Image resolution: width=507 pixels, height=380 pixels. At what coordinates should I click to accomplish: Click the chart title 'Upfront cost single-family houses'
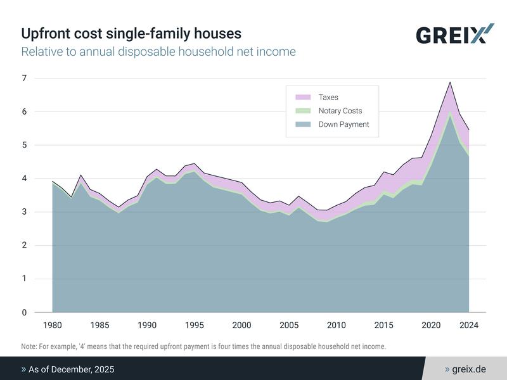click(131, 33)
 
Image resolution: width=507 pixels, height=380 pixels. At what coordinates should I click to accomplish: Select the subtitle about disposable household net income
click(158, 51)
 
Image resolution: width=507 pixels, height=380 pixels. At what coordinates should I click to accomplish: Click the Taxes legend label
click(328, 98)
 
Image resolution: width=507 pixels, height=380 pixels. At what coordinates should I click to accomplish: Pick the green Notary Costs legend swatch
click(304, 111)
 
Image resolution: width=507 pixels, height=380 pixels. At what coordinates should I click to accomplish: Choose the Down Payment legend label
click(343, 125)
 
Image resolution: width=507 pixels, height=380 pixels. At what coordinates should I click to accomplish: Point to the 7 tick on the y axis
click(25, 78)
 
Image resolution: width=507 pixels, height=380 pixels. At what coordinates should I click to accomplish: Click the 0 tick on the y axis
click(25, 312)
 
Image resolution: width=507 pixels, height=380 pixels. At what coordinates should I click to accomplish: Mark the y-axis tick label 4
click(25, 179)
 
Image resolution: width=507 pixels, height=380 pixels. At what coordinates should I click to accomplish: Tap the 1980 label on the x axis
click(52, 326)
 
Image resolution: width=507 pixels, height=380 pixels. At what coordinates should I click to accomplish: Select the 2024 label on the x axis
click(468, 326)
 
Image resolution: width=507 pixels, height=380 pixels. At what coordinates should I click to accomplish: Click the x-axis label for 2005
click(289, 326)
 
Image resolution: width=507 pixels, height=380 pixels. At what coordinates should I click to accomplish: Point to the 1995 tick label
click(194, 326)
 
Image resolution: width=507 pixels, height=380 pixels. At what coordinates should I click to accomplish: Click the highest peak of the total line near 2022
click(450, 82)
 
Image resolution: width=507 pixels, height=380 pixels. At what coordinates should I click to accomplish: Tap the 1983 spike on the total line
click(80, 175)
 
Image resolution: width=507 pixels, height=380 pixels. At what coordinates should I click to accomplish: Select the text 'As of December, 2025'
click(71, 369)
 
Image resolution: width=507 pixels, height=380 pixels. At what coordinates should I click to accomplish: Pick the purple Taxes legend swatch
click(304, 98)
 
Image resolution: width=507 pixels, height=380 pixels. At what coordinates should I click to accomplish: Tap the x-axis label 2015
click(383, 326)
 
